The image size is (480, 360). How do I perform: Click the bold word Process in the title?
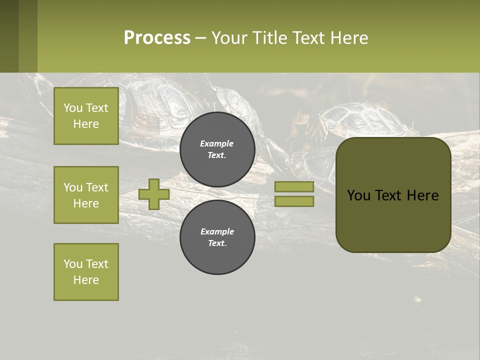(x=157, y=37)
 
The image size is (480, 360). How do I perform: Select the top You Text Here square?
(x=86, y=116)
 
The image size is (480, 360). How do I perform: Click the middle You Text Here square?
(x=86, y=195)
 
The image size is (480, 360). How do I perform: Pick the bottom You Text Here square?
(x=86, y=272)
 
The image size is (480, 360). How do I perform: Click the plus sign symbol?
(x=154, y=194)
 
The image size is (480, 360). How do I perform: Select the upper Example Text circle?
(x=217, y=149)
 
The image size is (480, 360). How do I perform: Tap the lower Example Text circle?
(x=217, y=237)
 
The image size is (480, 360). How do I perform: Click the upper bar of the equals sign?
(x=294, y=186)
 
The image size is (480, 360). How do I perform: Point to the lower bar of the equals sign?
(x=294, y=201)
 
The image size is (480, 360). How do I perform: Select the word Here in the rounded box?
(x=422, y=195)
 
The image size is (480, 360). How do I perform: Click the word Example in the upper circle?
(x=217, y=143)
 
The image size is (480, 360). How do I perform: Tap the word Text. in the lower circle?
(x=217, y=243)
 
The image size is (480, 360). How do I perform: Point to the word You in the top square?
(x=73, y=108)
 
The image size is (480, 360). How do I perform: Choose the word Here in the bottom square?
(x=86, y=280)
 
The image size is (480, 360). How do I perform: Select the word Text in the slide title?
(x=306, y=37)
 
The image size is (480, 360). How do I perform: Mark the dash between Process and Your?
(x=200, y=38)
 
